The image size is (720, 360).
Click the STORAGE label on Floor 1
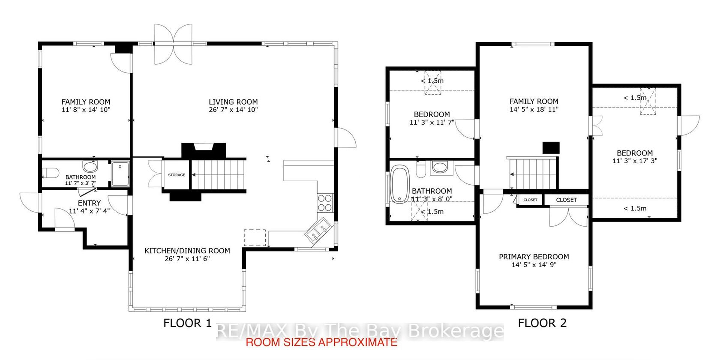pyautogui.click(x=177, y=175)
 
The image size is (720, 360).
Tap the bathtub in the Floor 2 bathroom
pyautogui.click(x=400, y=184)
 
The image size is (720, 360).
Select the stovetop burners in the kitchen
pyautogui.click(x=325, y=203)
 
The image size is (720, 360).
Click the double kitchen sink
pyautogui.click(x=318, y=230)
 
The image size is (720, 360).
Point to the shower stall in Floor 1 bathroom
pyautogui.click(x=120, y=174)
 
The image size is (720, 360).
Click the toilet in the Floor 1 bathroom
pyautogui.click(x=51, y=173)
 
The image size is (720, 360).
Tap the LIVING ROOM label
pyautogui.click(x=233, y=102)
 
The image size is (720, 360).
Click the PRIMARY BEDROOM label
pyautogui.click(x=534, y=257)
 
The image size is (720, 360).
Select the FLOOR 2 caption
pyautogui.click(x=542, y=323)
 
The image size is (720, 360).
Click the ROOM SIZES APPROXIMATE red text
pyautogui.click(x=321, y=342)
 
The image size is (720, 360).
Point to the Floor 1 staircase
pyautogui.click(x=219, y=175)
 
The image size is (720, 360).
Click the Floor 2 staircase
pyautogui.click(x=533, y=173)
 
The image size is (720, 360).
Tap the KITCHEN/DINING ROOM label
pyautogui.click(x=187, y=251)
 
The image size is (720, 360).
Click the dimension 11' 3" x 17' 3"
pyautogui.click(x=635, y=161)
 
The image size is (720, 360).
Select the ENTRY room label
pyautogui.click(x=89, y=203)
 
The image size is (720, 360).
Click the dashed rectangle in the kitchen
pyautogui.click(x=255, y=237)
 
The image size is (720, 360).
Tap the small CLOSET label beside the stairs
pyautogui.click(x=531, y=200)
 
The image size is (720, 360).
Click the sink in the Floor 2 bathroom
pyautogui.click(x=439, y=167)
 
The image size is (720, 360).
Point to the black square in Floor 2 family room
pyautogui.click(x=551, y=148)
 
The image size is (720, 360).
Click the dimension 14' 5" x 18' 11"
pyautogui.click(x=534, y=109)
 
